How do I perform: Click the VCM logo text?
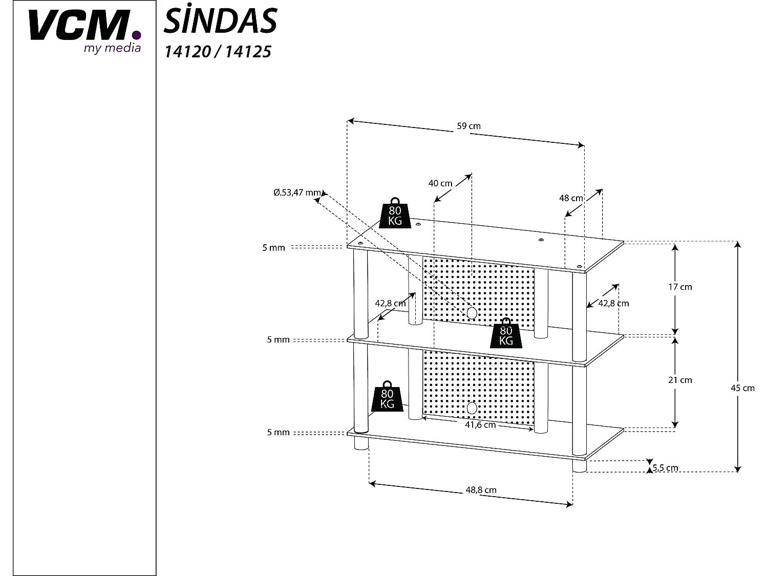coord(77,26)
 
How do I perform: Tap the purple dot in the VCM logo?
coord(136,35)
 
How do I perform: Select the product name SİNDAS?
coord(220,22)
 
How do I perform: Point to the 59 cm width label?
coord(468,126)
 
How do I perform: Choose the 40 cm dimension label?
coord(440,183)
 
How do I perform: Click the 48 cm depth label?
coord(571,198)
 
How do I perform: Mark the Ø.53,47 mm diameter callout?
coord(297,193)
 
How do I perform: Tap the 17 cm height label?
coord(680,287)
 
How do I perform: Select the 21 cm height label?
coord(680,380)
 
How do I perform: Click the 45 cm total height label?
coord(742,388)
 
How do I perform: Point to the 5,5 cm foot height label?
coord(665,467)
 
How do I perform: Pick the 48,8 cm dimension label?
coord(481,490)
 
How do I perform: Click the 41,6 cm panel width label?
coord(480,425)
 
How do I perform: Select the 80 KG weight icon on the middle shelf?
coord(506,333)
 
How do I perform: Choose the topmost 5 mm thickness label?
coord(273,248)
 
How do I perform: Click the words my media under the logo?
coord(112,49)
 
